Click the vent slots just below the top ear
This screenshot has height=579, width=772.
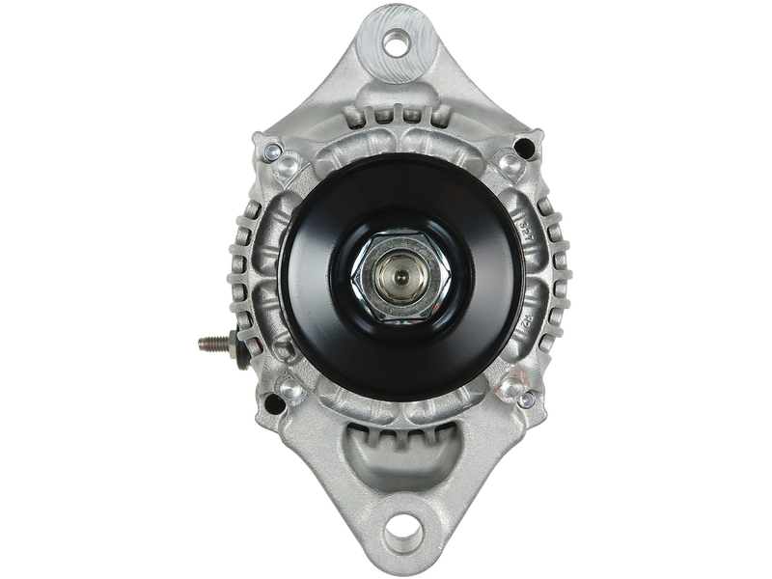point(396,116)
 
